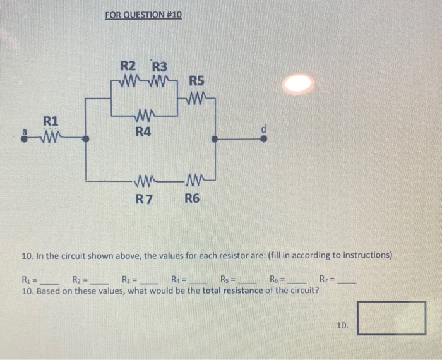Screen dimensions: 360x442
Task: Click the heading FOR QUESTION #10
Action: [143, 14]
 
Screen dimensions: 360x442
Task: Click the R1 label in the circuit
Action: [51, 121]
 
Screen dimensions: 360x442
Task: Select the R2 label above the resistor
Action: [128, 66]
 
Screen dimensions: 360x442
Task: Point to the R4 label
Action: [144, 132]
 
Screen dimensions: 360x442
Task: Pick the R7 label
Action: [145, 199]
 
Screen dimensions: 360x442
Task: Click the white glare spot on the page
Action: [299, 83]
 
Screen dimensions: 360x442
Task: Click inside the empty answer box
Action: [391, 318]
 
